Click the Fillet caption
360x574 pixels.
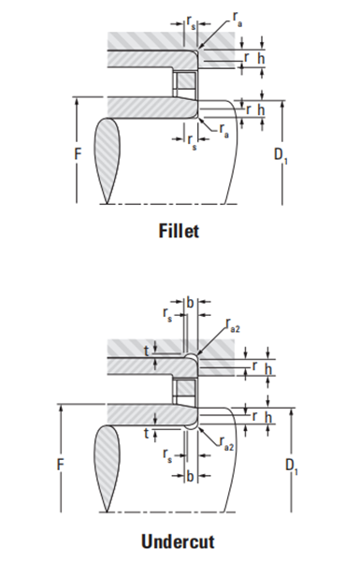pos(179,231)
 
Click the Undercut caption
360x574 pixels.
pos(178,541)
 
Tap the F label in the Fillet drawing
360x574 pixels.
pos(78,154)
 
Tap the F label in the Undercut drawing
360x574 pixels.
pos(61,465)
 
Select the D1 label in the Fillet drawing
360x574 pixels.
pos(281,155)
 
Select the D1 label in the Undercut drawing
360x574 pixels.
pos(291,466)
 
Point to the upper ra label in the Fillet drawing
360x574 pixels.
pos(238,19)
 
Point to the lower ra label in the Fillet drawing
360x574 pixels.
pos(224,130)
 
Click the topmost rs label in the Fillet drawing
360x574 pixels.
pos(191,22)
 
